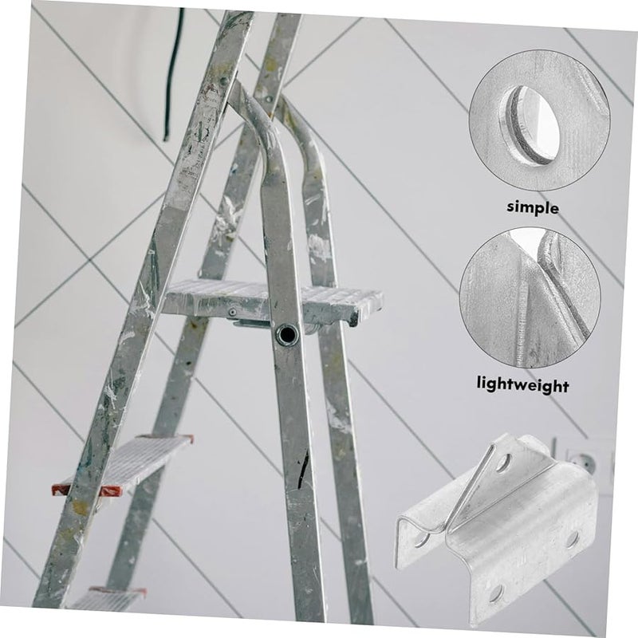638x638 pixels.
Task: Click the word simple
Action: (534, 207)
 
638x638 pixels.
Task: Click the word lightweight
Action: (522, 385)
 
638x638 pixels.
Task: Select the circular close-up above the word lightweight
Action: (530, 296)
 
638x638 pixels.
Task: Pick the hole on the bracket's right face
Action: (572, 539)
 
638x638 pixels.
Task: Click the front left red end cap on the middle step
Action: (61, 489)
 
